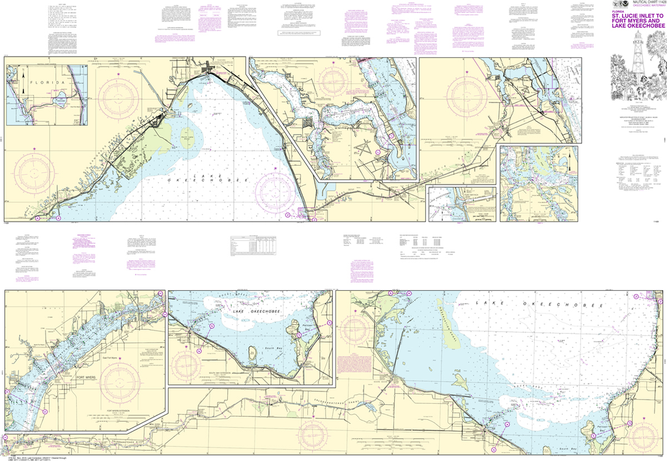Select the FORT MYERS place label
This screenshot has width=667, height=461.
(x=87, y=378)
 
